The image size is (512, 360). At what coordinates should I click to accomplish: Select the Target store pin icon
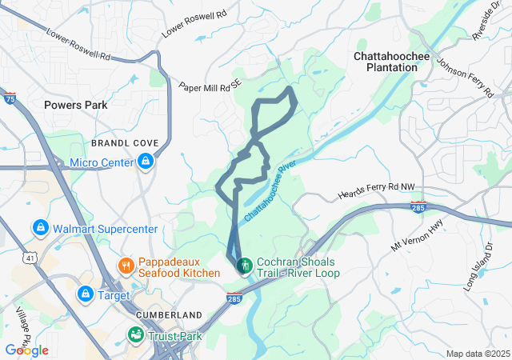(84, 295)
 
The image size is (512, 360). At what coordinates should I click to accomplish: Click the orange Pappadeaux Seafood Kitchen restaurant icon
(126, 265)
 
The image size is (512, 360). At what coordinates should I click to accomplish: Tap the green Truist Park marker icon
(137, 335)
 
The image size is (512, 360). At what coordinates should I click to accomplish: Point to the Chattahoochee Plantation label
(386, 62)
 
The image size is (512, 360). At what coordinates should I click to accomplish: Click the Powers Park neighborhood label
(76, 105)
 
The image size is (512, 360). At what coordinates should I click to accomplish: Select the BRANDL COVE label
(124, 142)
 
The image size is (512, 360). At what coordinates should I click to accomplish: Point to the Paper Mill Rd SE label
(209, 86)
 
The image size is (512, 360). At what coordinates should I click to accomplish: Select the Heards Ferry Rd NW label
(377, 190)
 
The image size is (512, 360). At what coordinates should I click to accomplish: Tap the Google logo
(26, 350)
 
